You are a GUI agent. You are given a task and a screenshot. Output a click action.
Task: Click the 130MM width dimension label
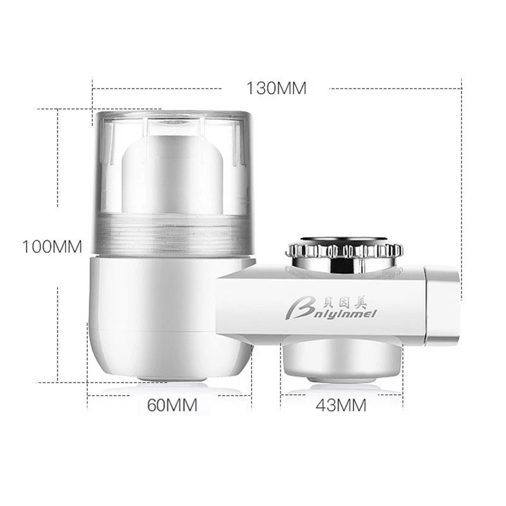pyautogui.click(x=276, y=88)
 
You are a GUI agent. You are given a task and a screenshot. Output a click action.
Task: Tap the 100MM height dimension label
pyautogui.click(x=52, y=247)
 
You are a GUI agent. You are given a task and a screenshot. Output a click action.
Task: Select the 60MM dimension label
pyautogui.click(x=172, y=405)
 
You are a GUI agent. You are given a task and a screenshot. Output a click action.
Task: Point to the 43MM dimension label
pyautogui.click(x=341, y=405)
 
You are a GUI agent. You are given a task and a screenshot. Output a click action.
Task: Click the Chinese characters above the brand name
pyautogui.click(x=345, y=303)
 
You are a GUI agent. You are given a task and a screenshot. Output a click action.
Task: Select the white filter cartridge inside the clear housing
pyautogui.click(x=172, y=175)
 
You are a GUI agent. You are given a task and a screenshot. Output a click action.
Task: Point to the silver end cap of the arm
pyautogui.click(x=442, y=304)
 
